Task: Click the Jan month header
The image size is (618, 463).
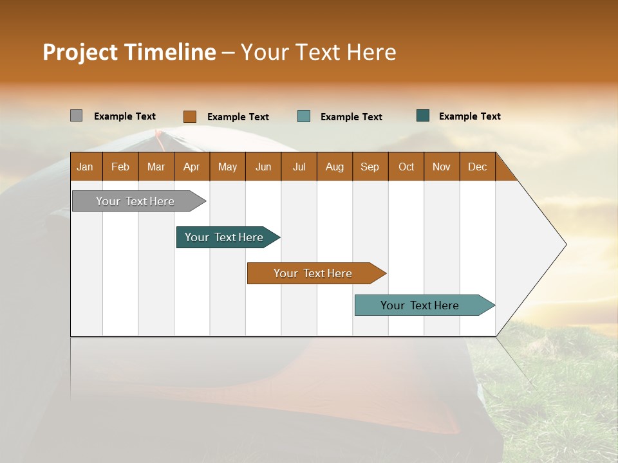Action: (85, 167)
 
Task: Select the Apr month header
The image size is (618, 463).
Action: (191, 167)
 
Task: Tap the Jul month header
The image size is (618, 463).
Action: (299, 167)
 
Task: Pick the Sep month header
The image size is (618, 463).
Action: (370, 167)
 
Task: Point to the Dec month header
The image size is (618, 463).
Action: (477, 167)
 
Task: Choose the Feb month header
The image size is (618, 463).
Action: (120, 167)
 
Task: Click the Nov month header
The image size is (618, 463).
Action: (442, 167)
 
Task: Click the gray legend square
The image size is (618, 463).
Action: (76, 116)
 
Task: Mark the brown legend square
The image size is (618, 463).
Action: (189, 116)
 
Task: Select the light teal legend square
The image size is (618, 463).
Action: (304, 116)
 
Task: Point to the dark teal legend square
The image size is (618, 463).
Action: (423, 116)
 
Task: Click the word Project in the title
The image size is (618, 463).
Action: (80, 53)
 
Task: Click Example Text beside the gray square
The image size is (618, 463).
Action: (125, 116)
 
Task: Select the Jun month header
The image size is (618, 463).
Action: (263, 167)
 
